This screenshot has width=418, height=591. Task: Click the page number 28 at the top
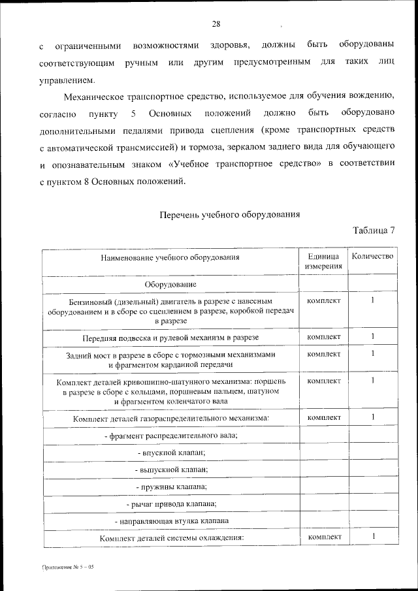(x=216, y=24)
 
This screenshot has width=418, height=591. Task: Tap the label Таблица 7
(x=374, y=230)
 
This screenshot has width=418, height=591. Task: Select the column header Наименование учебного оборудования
(x=170, y=257)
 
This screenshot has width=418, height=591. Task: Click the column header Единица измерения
(x=323, y=261)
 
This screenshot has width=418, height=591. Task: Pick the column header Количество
(x=372, y=256)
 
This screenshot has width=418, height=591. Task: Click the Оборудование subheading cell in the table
(x=170, y=284)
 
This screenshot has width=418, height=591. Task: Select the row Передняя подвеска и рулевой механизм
(x=170, y=337)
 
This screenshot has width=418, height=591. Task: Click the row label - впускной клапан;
(x=170, y=451)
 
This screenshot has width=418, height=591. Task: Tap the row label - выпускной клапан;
(x=170, y=469)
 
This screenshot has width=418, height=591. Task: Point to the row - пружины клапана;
(x=170, y=487)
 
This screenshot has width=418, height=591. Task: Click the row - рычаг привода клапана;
(x=170, y=503)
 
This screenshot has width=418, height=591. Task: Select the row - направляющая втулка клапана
(x=170, y=521)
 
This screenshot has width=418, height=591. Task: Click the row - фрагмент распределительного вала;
(x=170, y=434)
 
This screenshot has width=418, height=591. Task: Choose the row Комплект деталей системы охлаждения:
(x=170, y=537)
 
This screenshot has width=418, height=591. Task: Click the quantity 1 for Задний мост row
(x=372, y=354)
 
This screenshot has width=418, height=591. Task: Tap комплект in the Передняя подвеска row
(x=323, y=336)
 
